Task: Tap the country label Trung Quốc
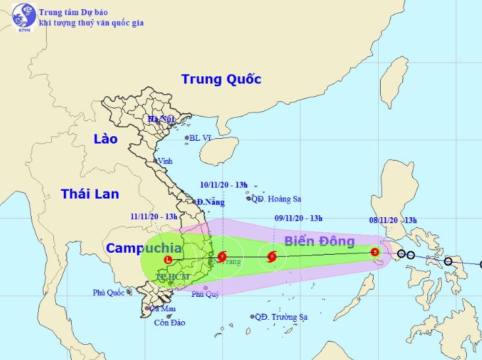(x=221, y=80)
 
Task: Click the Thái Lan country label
(x=90, y=193)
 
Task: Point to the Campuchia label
(x=143, y=248)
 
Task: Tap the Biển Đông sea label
(x=320, y=242)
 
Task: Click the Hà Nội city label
(x=160, y=119)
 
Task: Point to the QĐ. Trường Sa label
(x=280, y=317)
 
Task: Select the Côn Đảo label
(x=170, y=322)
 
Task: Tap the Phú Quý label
(x=205, y=294)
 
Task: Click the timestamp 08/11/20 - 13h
(x=393, y=220)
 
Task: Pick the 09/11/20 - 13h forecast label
(x=298, y=219)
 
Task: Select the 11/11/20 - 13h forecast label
(x=154, y=216)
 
